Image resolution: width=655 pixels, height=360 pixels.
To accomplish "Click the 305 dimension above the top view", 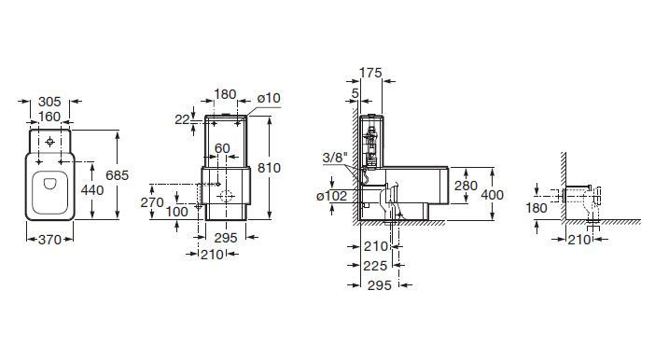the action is click(x=49, y=102).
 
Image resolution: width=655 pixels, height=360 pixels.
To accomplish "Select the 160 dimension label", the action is click(x=49, y=117).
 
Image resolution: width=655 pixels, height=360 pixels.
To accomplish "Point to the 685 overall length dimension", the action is click(x=117, y=175).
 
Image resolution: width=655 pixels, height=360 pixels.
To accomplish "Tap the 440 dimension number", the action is click(x=91, y=190).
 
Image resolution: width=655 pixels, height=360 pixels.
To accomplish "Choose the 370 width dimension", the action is click(x=49, y=240).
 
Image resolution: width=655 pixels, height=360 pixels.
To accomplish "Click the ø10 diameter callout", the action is click(x=269, y=98).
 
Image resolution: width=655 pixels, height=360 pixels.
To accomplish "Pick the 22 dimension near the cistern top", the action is click(x=182, y=120).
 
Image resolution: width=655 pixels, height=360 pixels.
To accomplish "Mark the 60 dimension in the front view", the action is click(x=222, y=148).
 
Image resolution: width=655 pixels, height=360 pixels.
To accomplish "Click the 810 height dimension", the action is click(x=269, y=168).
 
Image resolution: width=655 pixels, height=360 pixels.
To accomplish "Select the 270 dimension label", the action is click(x=152, y=202).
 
